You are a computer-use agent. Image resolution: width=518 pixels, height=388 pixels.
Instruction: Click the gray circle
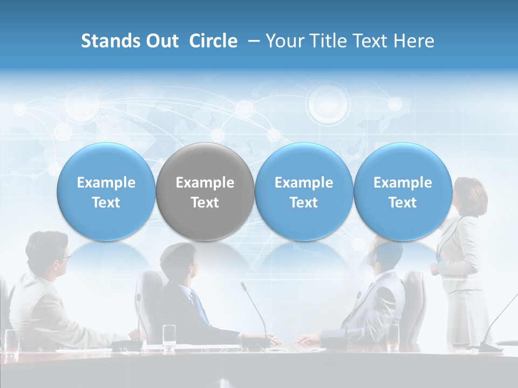point(205,192)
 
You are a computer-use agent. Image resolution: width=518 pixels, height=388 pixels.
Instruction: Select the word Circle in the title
point(213,41)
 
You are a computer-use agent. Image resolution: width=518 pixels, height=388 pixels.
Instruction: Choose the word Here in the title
point(414,41)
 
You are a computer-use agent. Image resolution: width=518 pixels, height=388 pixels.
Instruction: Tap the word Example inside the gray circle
point(205,183)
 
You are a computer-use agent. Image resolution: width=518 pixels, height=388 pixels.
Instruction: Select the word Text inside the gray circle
point(205,203)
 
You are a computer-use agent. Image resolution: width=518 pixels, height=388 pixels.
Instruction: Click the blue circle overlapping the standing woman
point(403,192)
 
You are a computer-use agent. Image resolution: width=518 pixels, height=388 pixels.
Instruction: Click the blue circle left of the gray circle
point(106,192)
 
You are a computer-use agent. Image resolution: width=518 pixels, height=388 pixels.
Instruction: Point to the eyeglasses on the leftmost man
point(64,258)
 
